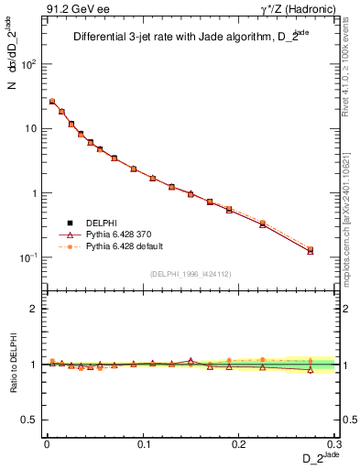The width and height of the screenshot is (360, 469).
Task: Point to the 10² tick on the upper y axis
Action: point(30,64)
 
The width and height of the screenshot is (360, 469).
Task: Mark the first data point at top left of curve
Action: point(52,102)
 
